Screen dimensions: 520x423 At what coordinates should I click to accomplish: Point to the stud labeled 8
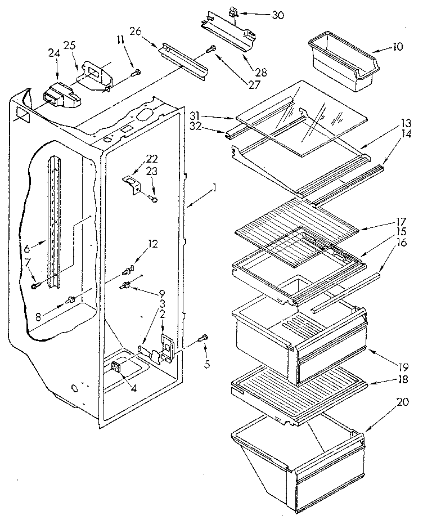[71, 299]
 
